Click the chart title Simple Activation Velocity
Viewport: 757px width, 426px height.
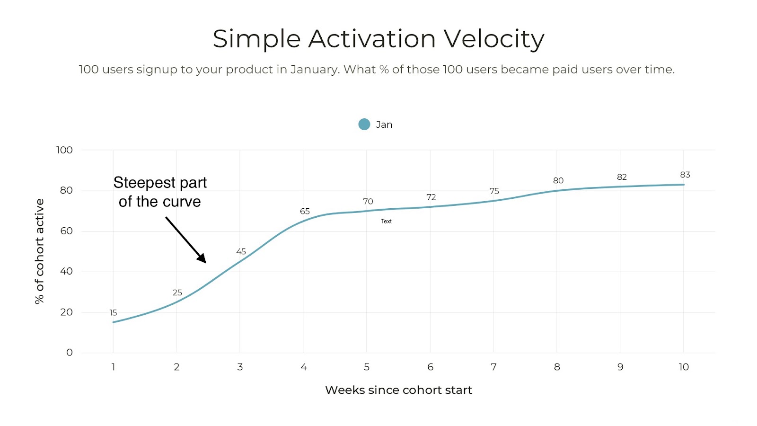coord(378,39)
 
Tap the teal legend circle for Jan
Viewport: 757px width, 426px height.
coord(364,124)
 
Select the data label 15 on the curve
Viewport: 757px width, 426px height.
coord(113,313)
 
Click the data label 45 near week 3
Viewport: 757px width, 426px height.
coord(241,252)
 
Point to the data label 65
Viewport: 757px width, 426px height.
coord(305,212)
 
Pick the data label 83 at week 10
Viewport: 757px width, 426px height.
coord(685,175)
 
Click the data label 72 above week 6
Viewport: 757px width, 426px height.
coord(431,197)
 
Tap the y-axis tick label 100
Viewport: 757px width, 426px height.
coord(64,151)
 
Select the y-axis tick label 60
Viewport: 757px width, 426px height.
coord(66,231)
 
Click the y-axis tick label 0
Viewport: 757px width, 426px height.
coord(70,353)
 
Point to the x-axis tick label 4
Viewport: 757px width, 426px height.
coord(303,367)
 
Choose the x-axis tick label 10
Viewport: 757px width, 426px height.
coord(683,367)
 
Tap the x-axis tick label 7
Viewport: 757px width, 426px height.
coord(493,367)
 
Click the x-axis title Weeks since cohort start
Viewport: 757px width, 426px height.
coord(398,390)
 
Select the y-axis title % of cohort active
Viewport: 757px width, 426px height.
coord(40,251)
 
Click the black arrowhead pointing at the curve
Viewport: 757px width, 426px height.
coord(202,258)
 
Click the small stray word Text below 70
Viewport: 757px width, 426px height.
coord(386,221)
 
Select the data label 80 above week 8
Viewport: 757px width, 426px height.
coord(558,181)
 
